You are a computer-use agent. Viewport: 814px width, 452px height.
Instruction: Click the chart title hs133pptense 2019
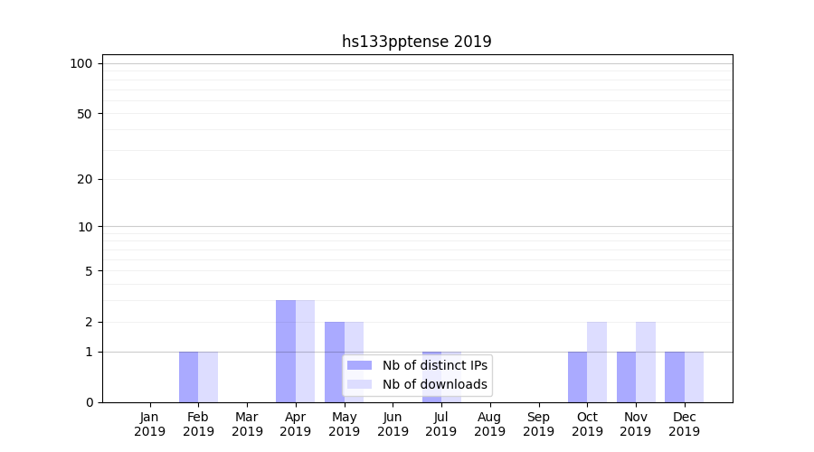416,42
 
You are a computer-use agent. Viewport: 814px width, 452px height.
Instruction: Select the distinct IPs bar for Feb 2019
188,377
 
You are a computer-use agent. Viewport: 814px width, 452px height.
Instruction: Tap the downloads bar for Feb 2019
208,377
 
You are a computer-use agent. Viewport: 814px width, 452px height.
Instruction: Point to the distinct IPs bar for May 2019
335,362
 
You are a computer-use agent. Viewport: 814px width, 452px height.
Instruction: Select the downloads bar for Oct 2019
597,362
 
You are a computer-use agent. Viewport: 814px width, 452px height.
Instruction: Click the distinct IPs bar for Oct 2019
577,377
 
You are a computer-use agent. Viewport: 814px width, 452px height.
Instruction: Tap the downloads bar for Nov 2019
646,362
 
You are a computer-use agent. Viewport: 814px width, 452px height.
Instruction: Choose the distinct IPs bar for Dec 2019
675,377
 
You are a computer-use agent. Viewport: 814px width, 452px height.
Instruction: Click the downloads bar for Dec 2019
694,377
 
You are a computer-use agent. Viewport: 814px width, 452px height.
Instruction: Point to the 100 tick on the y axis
81,63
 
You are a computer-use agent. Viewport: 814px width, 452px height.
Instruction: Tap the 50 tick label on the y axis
84,114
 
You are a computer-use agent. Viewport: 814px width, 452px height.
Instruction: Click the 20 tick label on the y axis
84,179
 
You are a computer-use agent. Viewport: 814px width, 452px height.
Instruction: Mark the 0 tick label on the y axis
89,402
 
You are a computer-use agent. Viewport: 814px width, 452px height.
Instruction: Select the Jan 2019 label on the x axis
149,424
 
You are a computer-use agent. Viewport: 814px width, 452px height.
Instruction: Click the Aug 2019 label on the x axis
489,424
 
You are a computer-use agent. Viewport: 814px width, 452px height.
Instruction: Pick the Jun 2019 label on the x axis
393,424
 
